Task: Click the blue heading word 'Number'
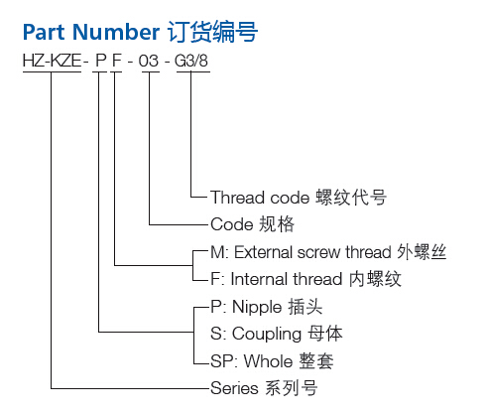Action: [116, 32]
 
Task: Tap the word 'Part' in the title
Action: [44, 32]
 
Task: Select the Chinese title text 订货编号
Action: [212, 32]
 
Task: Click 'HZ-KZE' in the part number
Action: [52, 61]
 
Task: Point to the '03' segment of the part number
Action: [149, 61]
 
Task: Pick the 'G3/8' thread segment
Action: [191, 61]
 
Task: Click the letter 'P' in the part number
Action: [101, 61]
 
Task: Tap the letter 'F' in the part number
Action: [117, 61]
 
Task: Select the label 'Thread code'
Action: [260, 198]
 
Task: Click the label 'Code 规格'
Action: [252, 224]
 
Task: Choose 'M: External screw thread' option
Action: [301, 252]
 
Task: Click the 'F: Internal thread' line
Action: [277, 279]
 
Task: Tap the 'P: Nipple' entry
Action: [246, 307]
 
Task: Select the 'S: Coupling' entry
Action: [256, 334]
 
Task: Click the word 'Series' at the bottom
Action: [234, 388]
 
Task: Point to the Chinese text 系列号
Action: [292, 388]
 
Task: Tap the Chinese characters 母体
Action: [325, 334]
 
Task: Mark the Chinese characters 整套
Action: [316, 360]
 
